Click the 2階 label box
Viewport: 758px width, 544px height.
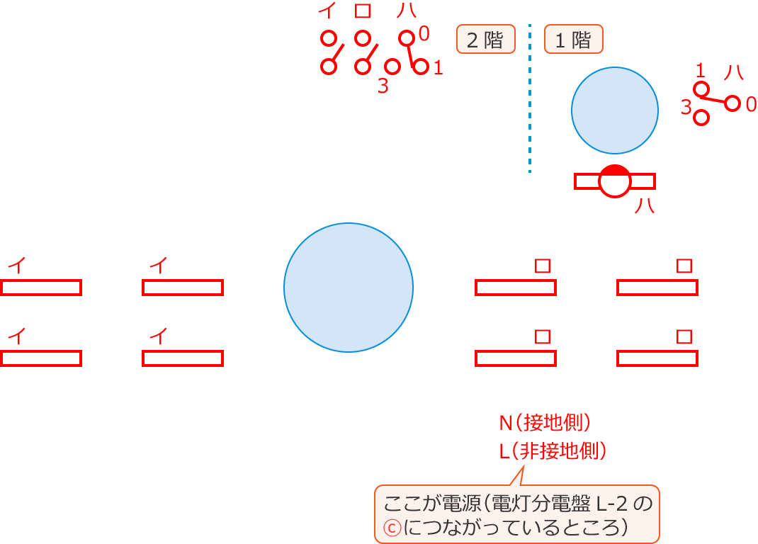tap(485, 40)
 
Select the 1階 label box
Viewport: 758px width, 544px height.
tap(573, 40)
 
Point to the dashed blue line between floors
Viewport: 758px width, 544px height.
tap(530, 99)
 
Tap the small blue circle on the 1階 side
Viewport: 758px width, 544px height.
tap(615, 110)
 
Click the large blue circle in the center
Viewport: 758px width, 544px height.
tap(349, 288)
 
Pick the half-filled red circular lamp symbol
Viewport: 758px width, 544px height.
tap(614, 181)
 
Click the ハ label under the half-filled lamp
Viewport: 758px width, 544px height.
tap(644, 206)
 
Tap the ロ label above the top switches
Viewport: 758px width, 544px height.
tap(363, 11)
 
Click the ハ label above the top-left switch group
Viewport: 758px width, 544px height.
tap(406, 11)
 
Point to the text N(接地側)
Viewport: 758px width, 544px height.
tap(545, 424)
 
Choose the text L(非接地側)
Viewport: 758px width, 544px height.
tap(553, 450)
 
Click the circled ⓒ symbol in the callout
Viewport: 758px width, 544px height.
tap(388, 528)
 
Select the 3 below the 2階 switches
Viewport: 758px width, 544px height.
tap(383, 86)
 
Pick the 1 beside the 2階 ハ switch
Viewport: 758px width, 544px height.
tap(438, 69)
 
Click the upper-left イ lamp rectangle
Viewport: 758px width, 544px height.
tap(41, 288)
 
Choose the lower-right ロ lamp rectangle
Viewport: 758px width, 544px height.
tap(657, 358)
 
